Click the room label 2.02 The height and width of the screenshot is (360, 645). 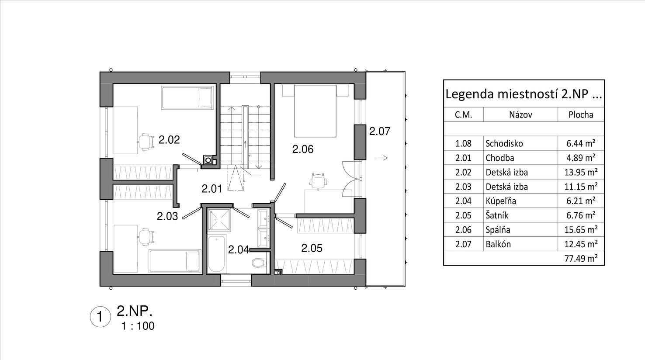169,140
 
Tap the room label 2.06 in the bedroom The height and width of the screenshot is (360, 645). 303,149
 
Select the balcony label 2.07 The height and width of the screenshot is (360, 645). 379,131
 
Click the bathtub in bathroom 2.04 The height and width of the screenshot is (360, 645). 217,254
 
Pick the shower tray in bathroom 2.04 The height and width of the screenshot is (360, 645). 219,220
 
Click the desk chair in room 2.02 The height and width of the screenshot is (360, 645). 146,141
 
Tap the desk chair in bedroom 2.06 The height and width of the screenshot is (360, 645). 318,181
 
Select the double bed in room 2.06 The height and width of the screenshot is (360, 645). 315,111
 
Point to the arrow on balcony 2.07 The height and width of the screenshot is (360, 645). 381,158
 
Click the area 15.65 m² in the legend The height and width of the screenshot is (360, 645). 581,230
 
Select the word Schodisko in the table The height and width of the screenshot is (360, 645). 504,143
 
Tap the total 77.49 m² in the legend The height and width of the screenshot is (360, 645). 581,258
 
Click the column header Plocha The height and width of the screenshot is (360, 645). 581,115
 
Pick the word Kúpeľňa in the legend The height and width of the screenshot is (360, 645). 500,201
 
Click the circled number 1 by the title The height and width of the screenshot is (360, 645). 100,317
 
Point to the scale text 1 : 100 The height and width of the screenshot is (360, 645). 138,326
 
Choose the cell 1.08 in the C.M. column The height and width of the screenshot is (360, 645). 463,143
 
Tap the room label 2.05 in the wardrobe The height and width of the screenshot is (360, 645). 312,248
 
